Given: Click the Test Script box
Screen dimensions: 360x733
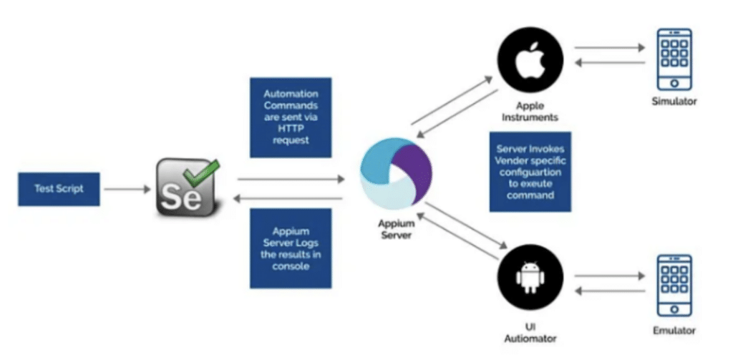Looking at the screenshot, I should point(59,190).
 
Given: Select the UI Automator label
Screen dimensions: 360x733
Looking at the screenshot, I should point(530,331).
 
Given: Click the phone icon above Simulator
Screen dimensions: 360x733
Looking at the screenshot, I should point(674,58).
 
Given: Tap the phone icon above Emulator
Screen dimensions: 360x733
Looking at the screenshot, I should point(674,284).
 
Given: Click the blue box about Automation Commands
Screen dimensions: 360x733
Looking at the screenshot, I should point(291,117).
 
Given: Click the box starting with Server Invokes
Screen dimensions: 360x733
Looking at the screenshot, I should point(530,172).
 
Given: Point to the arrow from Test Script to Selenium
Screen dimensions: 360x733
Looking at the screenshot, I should point(125,190).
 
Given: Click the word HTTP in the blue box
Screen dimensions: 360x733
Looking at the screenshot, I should point(291,129).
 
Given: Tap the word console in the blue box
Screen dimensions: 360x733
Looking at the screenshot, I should point(291,266).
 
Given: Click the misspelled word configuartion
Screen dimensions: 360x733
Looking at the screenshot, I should point(530,172).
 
